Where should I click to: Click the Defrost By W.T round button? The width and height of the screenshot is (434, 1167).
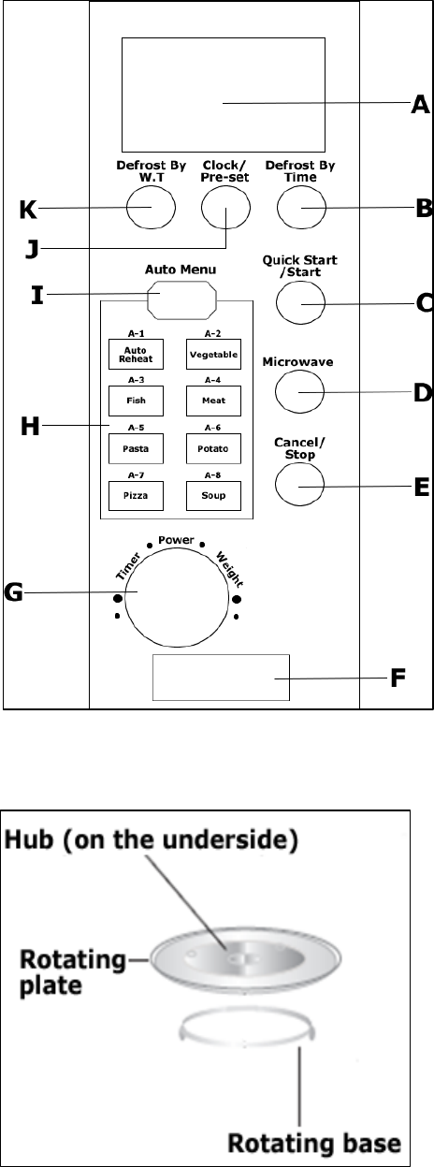coord(152,207)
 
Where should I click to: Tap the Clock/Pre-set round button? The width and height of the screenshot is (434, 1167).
coord(225,207)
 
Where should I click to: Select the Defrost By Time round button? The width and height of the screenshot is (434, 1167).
coord(301,207)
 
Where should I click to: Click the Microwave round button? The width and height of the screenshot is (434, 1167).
coord(299,391)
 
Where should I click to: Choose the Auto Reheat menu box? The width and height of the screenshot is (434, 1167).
coord(136,355)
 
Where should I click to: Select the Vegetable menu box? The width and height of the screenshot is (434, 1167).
coord(213,355)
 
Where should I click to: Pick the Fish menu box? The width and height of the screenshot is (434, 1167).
coord(136,401)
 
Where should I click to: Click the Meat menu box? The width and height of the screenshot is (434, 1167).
coord(213,401)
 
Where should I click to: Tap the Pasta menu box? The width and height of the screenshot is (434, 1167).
coord(136,448)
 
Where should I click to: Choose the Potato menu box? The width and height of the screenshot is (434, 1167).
coord(213,448)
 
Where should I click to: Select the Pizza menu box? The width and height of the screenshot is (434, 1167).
coord(136,495)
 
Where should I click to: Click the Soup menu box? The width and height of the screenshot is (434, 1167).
coord(213,495)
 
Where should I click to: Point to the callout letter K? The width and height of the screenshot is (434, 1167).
coord(28,210)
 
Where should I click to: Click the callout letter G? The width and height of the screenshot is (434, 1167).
coord(13,592)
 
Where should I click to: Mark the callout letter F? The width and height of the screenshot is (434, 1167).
coord(398,678)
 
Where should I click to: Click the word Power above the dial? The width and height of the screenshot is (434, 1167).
coord(176,540)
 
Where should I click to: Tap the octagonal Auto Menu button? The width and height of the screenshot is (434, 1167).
coord(181,300)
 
